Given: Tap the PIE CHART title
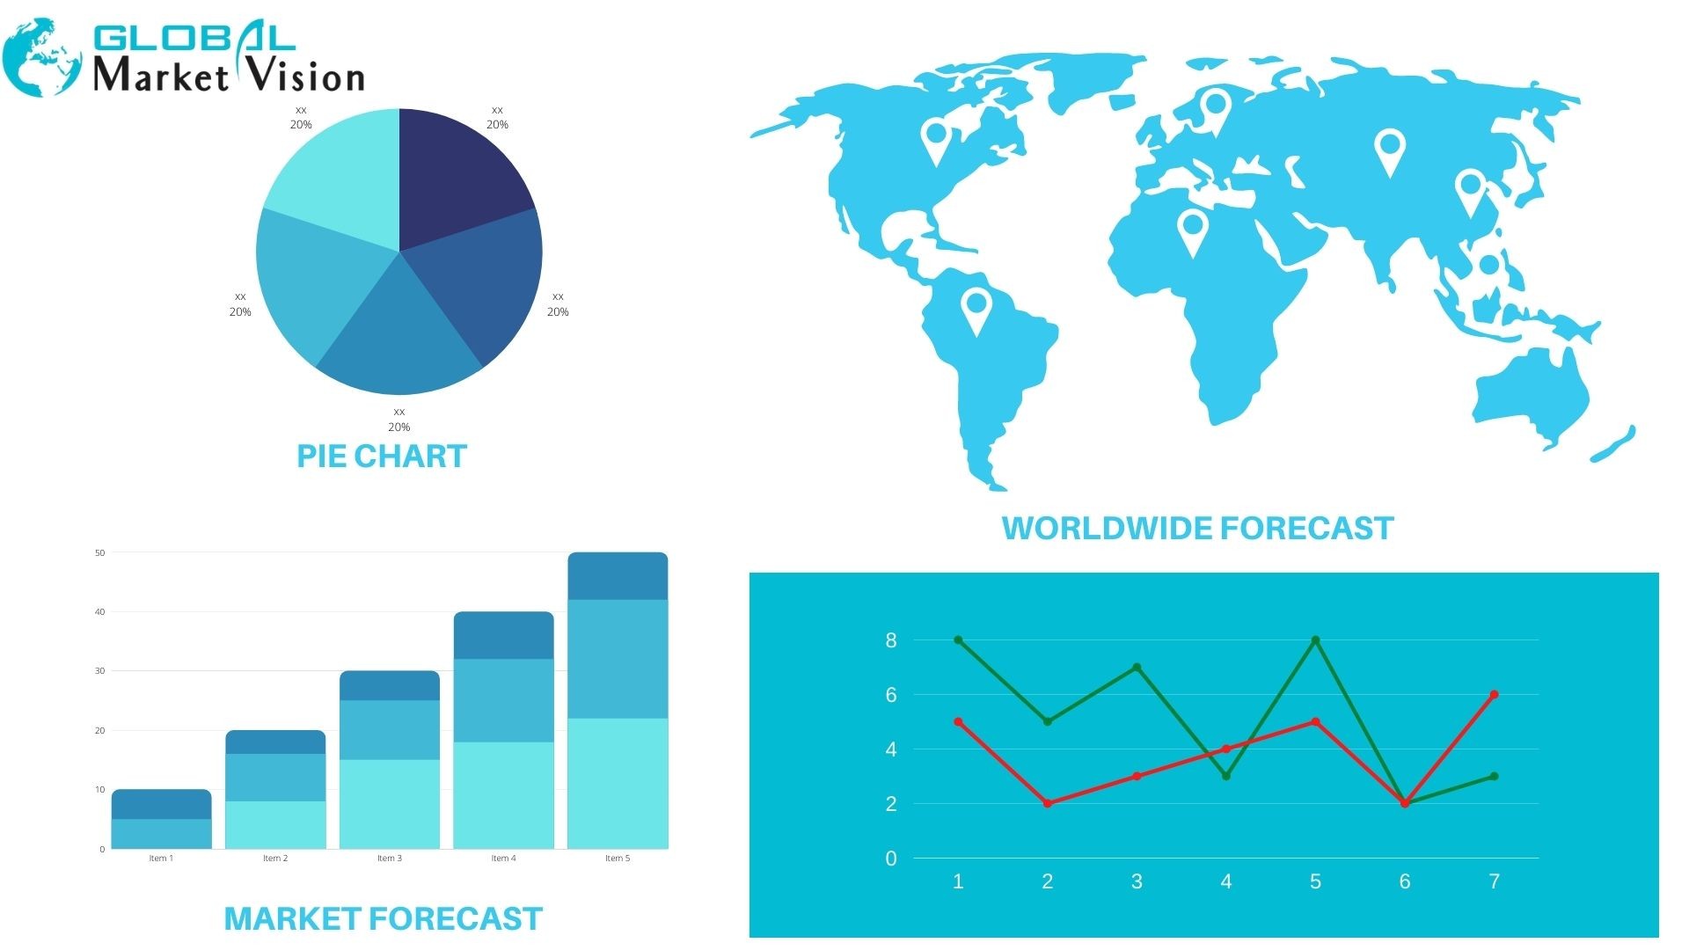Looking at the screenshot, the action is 381,456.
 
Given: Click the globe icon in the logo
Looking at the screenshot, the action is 40,58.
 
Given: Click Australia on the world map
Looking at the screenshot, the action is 1531,396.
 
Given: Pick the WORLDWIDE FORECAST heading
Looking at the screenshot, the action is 1198,528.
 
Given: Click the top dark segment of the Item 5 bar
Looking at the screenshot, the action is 618,576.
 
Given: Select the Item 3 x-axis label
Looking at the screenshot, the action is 390,859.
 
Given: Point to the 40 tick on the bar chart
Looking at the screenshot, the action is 99,612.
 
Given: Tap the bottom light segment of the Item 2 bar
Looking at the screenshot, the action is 275,825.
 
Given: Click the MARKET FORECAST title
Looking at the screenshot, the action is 384,918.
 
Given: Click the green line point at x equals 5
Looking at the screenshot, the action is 1315,640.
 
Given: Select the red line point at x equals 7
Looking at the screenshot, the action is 1494,695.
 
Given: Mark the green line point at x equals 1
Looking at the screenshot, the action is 958,640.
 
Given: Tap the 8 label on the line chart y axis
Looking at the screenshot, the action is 891,640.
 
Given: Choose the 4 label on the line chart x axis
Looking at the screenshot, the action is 1226,881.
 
